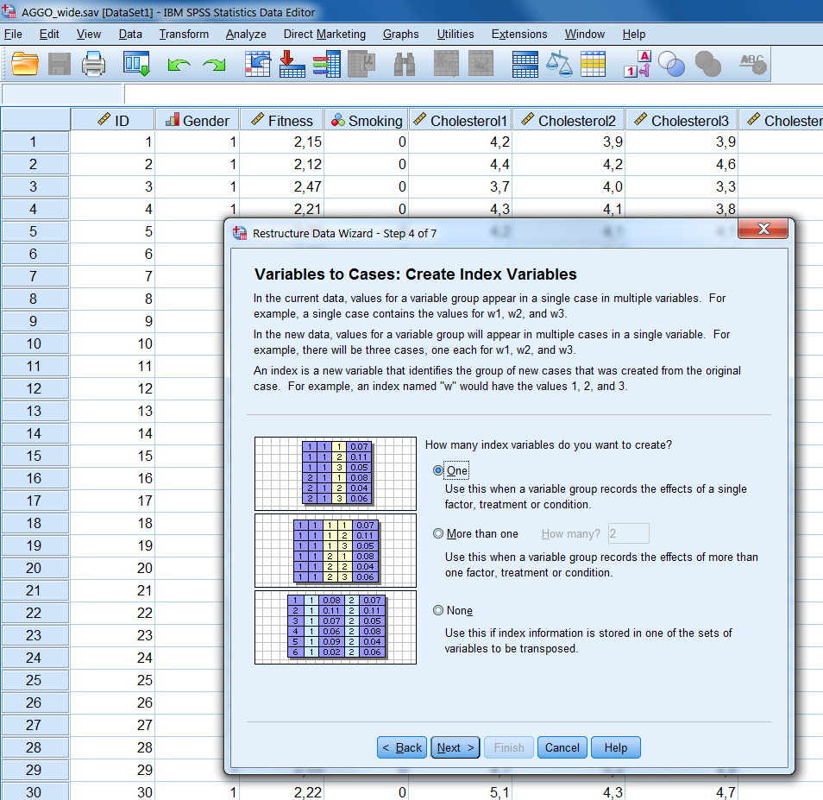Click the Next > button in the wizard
point(455,747)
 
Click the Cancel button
point(562,747)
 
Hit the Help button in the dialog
point(615,747)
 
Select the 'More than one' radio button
point(438,534)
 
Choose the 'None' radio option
point(438,611)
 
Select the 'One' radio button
point(438,471)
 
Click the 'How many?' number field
point(628,534)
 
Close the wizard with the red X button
point(763,230)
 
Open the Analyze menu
point(246,35)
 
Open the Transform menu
point(184,35)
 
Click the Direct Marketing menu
point(324,35)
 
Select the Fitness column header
point(282,121)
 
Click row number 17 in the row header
point(35,501)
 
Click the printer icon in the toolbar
point(93,64)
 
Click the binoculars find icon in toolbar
point(405,64)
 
